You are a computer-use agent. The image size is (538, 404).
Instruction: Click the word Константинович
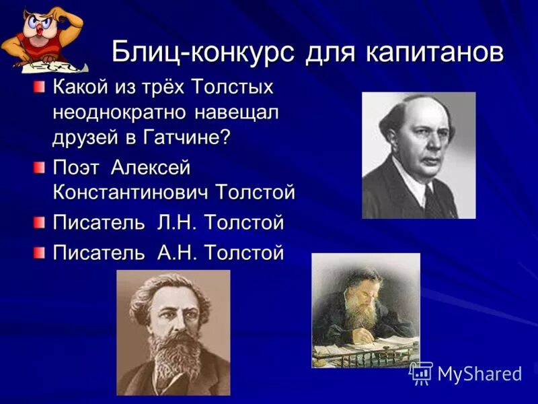click(132, 193)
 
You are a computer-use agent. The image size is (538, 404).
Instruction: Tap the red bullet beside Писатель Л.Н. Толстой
click(41, 222)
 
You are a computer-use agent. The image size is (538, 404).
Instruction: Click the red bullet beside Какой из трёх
click(41, 86)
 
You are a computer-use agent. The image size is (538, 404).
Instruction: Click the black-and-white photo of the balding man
click(418, 155)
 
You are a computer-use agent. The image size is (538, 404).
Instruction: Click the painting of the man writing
click(365, 310)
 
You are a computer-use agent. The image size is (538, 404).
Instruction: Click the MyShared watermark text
click(479, 374)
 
